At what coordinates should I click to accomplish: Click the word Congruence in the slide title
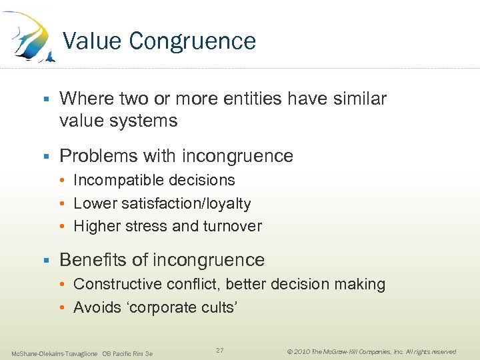coord(193,41)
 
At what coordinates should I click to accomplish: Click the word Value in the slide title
coord(91,41)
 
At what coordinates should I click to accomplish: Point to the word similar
coord(357,99)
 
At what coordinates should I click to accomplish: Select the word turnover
coord(232,226)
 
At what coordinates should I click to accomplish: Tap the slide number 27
coord(220,350)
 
